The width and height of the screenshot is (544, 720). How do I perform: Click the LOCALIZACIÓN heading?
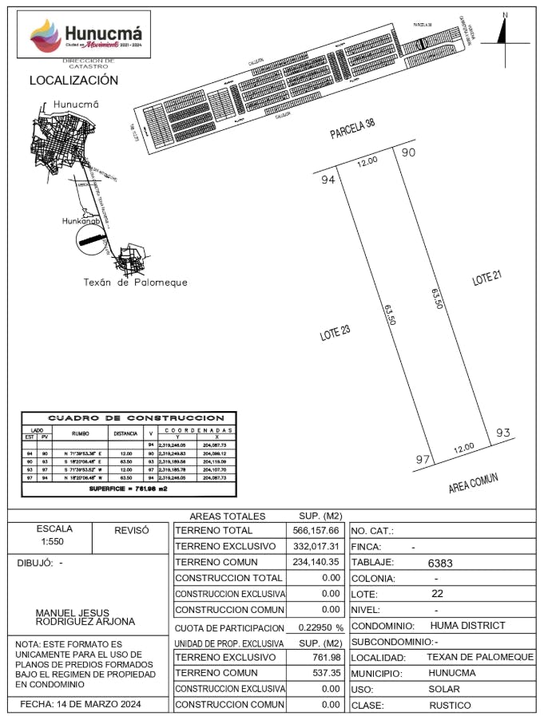pyautogui.click(x=73, y=81)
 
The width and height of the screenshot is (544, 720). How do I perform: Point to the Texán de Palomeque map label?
pyautogui.click(x=136, y=282)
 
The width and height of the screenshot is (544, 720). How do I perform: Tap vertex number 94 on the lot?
pyautogui.click(x=328, y=180)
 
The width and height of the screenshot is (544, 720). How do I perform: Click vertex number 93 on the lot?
pyautogui.click(x=502, y=433)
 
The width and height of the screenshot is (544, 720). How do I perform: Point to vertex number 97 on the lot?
pyautogui.click(x=424, y=460)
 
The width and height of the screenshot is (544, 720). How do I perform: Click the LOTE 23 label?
pyautogui.click(x=336, y=334)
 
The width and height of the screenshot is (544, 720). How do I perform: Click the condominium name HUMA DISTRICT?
pyautogui.click(x=467, y=626)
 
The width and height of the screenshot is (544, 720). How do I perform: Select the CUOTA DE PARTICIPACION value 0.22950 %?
pyautogui.click(x=316, y=627)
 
